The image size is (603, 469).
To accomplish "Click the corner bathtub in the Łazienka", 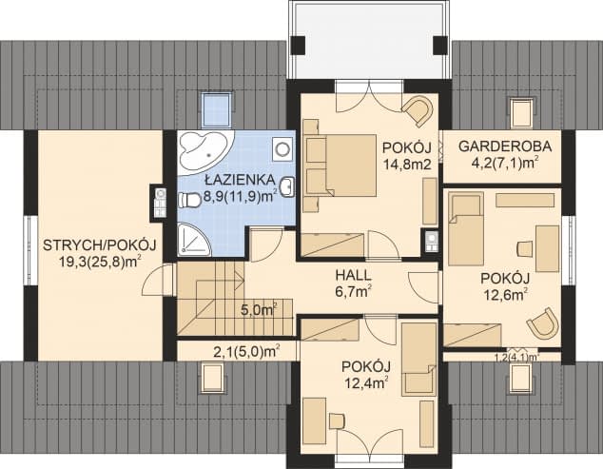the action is click(203, 152).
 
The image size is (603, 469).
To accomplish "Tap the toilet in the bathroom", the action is click(189, 200).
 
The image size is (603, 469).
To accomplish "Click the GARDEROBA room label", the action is click(505, 147).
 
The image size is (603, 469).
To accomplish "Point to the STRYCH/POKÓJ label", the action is click(99, 245).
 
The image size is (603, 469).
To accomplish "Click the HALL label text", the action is click(353, 275).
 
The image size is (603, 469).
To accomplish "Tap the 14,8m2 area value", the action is click(406, 165).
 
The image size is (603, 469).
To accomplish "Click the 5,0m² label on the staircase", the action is click(259, 310).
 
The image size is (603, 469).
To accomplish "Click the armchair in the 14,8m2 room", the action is click(418, 109).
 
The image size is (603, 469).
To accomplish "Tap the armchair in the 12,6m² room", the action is click(543, 323).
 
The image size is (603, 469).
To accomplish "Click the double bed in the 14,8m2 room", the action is click(340, 166).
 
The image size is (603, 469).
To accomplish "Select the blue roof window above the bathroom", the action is click(217, 108).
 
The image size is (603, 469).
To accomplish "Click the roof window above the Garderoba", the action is click(522, 112).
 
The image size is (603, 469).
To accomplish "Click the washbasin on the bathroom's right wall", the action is click(287, 187).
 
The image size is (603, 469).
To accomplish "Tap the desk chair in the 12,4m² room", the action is click(337, 420).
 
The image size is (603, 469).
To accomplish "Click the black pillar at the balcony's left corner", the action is click(298, 46).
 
